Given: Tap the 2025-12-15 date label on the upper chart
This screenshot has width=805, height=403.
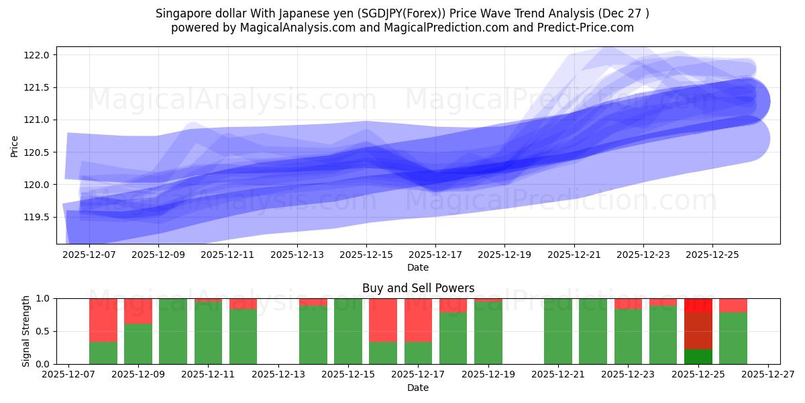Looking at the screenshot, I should [x=366, y=255].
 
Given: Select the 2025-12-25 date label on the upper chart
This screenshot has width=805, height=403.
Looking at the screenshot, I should [x=712, y=255].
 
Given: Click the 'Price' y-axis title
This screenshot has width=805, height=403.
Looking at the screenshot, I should [x=15, y=145].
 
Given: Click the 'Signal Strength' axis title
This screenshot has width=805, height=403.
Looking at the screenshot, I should [x=25, y=331].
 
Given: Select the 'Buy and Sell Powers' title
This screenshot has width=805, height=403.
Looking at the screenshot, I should [x=418, y=288].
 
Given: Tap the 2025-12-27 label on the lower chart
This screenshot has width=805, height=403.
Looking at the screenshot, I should [x=768, y=375].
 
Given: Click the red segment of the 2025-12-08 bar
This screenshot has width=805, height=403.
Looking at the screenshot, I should [x=103, y=320].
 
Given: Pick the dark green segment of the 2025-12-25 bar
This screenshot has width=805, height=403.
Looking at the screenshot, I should [x=698, y=356].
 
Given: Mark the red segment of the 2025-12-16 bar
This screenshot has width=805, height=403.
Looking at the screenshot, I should [x=383, y=320].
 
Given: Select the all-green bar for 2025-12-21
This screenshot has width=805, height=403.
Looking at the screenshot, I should [x=558, y=331].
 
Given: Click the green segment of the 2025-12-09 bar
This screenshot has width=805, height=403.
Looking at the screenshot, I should [x=138, y=344].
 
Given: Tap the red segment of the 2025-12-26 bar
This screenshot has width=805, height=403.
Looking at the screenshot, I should [x=733, y=305].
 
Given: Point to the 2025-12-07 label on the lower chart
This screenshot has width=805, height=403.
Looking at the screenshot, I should [x=68, y=375].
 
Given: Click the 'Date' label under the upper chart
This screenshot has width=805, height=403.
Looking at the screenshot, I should [x=418, y=267].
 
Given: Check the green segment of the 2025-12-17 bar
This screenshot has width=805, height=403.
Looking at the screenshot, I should [x=418, y=353].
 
